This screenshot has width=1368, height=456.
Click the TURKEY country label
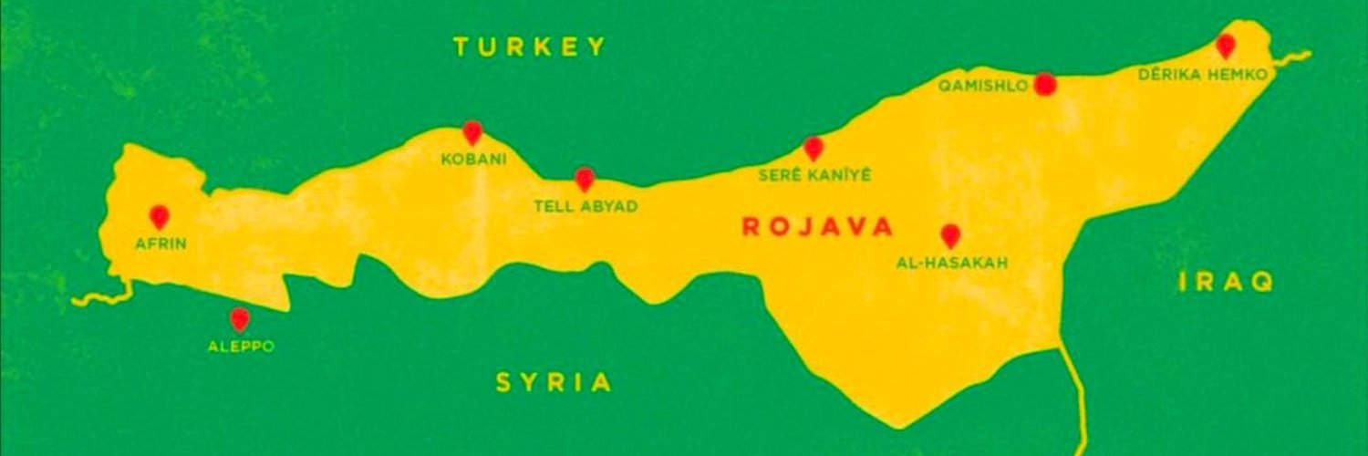pos(530,47)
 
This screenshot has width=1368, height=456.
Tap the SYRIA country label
pos(554,383)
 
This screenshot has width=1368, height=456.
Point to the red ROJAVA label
pos(817,227)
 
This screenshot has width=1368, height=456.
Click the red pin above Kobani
pos(472,132)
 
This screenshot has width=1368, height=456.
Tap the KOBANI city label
pos(473,160)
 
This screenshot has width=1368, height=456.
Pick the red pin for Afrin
pos(160,216)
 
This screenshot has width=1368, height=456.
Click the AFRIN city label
pos(161,244)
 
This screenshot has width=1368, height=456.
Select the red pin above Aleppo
pos(239,318)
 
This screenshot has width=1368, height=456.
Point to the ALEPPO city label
pos(241,347)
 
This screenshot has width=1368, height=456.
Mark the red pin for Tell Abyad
pos(585,179)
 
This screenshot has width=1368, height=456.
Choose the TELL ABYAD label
pos(586,207)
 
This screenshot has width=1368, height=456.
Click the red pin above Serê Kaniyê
pos(814,148)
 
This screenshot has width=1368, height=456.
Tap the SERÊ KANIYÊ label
pos(815,175)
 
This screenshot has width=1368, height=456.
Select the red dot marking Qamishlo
pos(1046,85)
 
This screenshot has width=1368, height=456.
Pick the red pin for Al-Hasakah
pos(950,235)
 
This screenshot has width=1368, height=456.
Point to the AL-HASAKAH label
pos(952,264)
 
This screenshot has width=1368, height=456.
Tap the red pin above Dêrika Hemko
pos(1226,46)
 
